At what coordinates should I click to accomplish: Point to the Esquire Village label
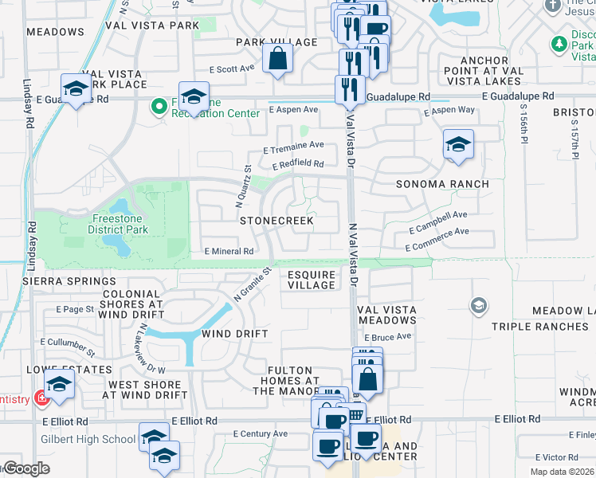pos(312,280)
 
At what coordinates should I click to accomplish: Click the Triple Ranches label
pos(539,327)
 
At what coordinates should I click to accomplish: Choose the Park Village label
pos(276,42)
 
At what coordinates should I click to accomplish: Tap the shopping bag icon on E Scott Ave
pos(277,58)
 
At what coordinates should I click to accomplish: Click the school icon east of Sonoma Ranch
pos(458,145)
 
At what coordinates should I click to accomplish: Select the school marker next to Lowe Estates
pos(60,385)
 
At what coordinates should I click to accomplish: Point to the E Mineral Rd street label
pos(229,251)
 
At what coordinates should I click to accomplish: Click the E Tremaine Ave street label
pos(293,147)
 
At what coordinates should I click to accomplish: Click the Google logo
pos(25,468)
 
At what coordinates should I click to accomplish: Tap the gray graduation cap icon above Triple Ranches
pos(478,305)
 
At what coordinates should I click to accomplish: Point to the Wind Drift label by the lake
pos(234,334)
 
